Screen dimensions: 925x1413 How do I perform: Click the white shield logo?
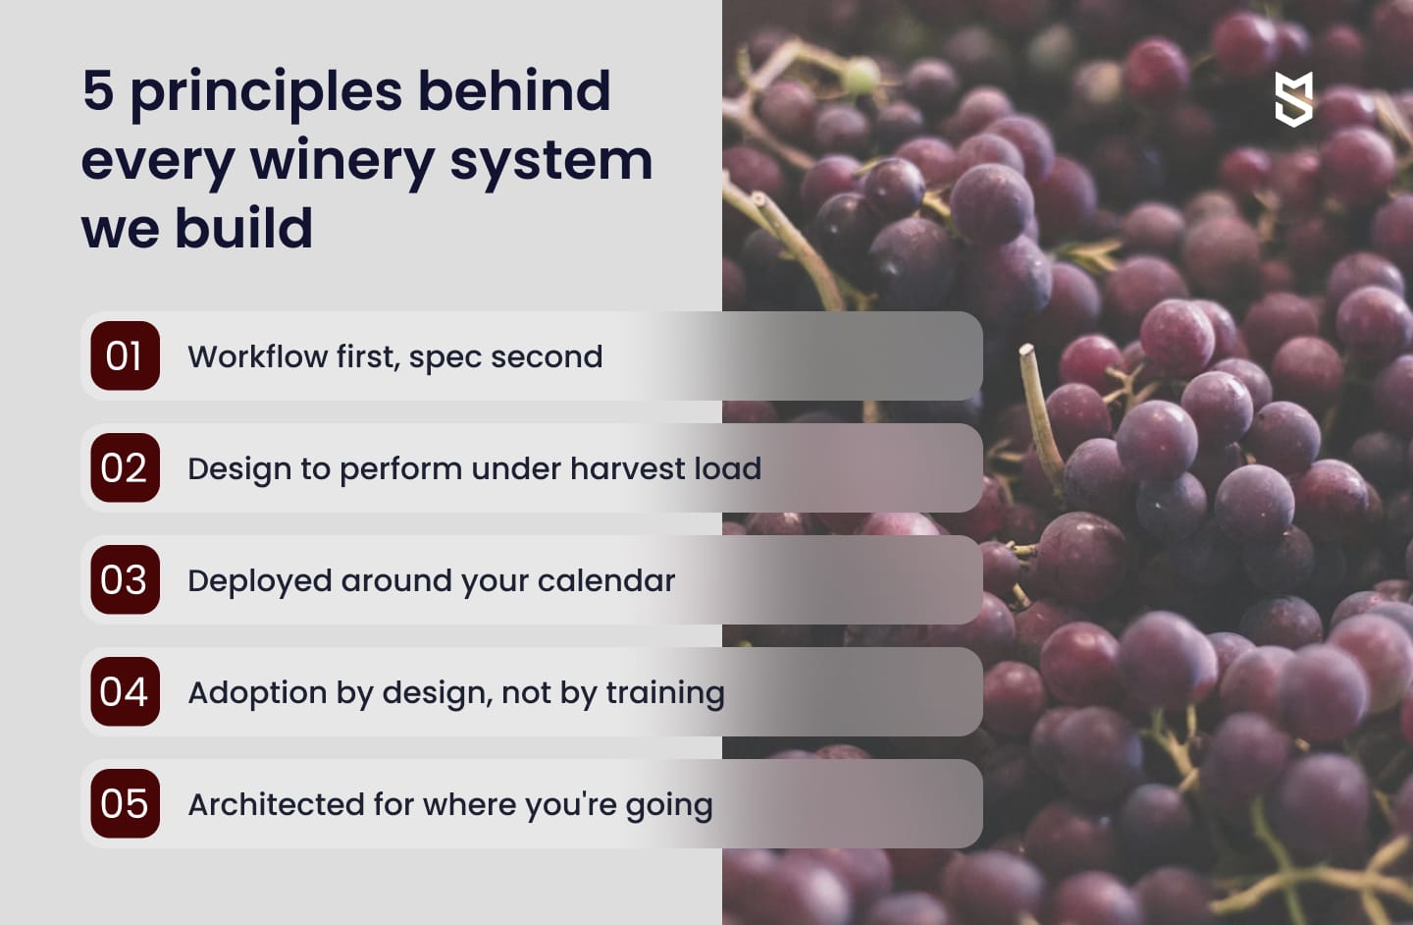click(1293, 99)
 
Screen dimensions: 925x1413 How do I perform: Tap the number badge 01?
click(125, 356)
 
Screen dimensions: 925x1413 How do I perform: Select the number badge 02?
click(125, 468)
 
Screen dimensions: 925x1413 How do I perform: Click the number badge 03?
click(125, 580)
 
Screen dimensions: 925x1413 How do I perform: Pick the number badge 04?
click(125, 692)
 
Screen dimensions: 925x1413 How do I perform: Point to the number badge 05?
click(125, 804)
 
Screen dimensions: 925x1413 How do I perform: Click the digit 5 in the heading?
click(98, 91)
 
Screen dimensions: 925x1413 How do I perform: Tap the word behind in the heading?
click(514, 91)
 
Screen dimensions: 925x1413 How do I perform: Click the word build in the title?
click(244, 229)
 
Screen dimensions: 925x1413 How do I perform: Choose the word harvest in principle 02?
click(628, 468)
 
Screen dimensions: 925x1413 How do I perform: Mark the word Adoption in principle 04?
click(257, 692)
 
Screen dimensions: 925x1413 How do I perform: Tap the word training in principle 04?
click(665, 693)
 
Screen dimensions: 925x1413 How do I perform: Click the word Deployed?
click(260, 581)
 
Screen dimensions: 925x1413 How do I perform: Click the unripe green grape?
click(862, 75)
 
